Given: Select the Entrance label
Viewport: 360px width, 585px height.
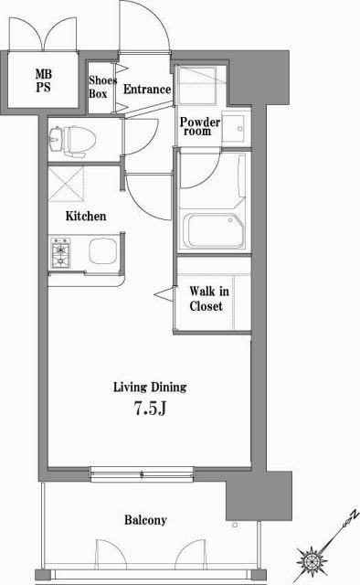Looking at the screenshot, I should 147,90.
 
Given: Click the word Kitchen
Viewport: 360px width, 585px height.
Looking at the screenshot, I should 86,217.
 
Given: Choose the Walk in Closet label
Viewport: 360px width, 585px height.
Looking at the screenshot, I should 206,300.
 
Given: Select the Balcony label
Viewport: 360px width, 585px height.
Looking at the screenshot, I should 145,520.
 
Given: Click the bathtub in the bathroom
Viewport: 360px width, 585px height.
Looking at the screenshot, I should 213,229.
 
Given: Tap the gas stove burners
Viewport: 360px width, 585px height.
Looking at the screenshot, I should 63,254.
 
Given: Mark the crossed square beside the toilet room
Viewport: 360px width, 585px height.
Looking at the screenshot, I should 69,186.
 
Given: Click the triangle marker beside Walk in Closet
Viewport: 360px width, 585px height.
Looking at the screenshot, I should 165,293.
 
